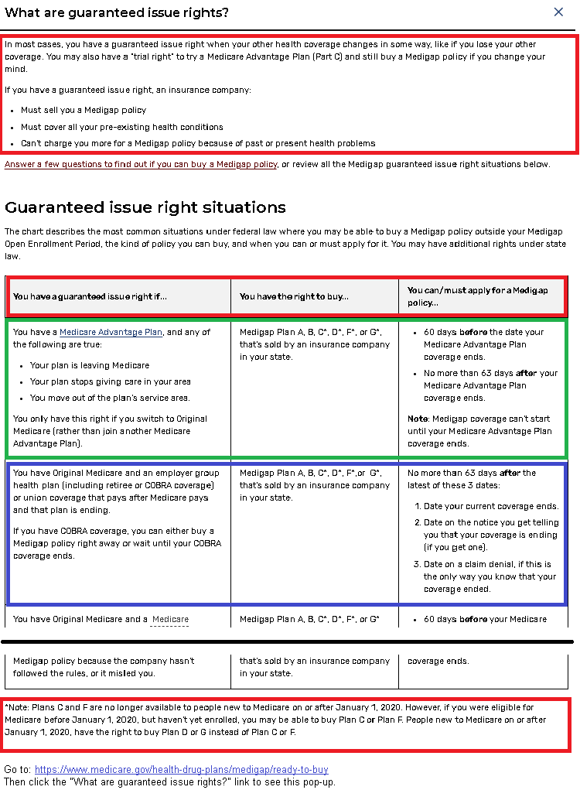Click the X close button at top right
click(x=558, y=12)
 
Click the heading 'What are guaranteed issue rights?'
click(x=117, y=13)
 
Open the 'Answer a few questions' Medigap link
click(x=141, y=164)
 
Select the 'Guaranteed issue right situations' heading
click(x=145, y=207)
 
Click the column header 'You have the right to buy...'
click(x=294, y=296)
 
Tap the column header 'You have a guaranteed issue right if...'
click(x=90, y=296)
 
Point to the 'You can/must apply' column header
click(x=477, y=296)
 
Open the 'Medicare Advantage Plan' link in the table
click(x=111, y=332)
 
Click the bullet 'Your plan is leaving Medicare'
click(x=90, y=365)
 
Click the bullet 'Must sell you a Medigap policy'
click(x=84, y=111)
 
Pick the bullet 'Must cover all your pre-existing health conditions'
click(x=122, y=127)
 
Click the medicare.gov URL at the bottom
click(x=181, y=770)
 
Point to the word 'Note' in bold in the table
click(x=418, y=419)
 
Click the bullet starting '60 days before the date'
click(x=483, y=344)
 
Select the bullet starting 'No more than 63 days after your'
click(x=490, y=385)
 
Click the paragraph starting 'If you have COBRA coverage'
click(x=114, y=543)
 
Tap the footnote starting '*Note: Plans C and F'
click(x=286, y=720)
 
